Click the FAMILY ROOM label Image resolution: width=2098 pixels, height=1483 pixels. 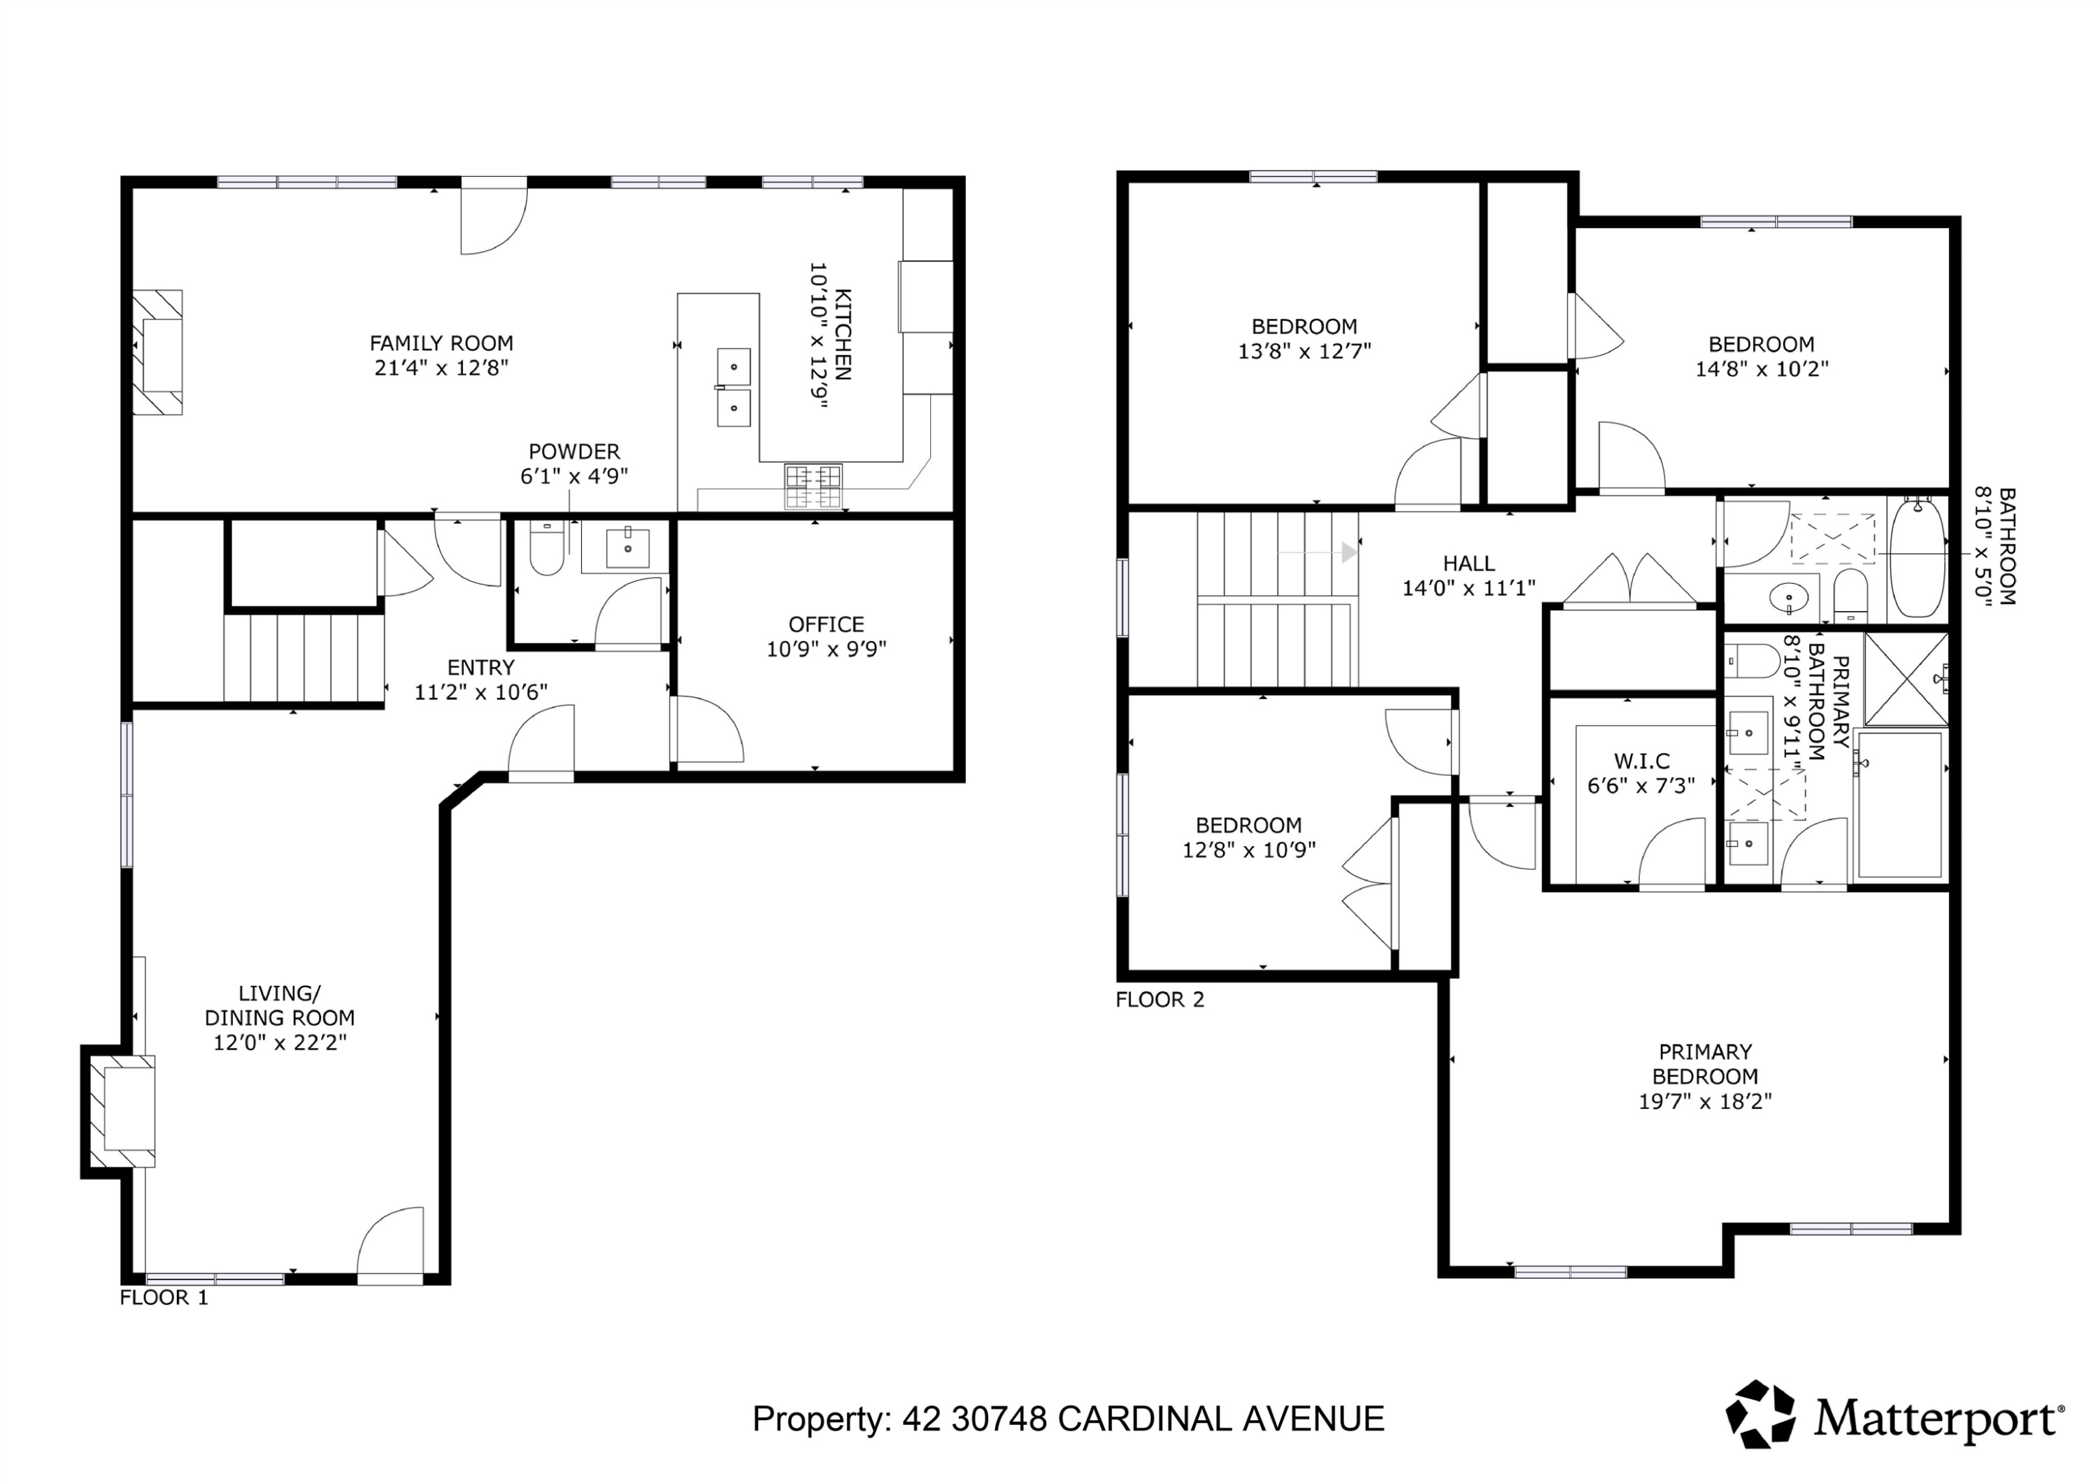point(441,343)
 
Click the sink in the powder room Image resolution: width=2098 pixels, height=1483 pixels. point(628,547)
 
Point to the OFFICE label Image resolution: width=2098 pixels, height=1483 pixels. point(826,624)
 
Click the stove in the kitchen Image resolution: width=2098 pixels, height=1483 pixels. point(813,486)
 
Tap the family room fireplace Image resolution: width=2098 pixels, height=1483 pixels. point(158,352)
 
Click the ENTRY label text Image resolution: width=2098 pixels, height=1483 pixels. point(480,667)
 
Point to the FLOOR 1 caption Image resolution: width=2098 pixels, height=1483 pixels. point(164,1298)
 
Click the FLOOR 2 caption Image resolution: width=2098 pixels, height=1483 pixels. point(1159,1000)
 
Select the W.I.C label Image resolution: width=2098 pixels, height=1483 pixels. point(1641,760)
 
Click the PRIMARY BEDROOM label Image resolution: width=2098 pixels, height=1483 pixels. point(1704,1063)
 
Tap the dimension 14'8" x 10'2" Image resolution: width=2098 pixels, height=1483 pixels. point(1761,369)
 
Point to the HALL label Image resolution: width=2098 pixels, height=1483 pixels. point(1469,564)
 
